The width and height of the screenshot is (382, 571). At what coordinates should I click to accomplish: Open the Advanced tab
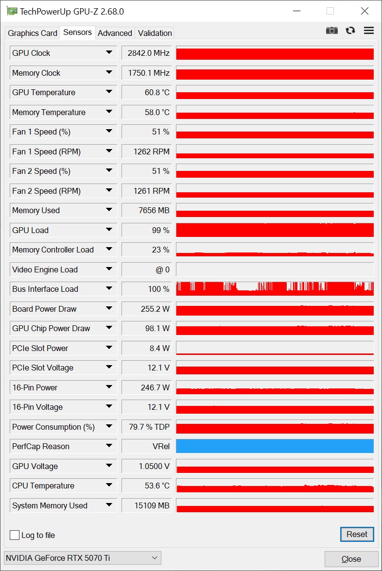[115, 33]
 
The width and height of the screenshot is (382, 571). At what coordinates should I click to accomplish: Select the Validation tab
[155, 33]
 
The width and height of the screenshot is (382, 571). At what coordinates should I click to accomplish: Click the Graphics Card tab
[33, 33]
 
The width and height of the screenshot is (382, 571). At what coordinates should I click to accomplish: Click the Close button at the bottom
[351, 559]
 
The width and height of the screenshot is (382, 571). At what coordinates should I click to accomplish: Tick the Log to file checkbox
[15, 535]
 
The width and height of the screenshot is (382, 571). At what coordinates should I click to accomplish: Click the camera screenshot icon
[331, 30]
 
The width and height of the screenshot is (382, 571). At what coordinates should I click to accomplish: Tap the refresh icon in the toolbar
[350, 30]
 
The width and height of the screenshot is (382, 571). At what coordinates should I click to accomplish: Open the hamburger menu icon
[369, 30]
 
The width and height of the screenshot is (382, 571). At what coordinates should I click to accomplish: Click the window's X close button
[364, 11]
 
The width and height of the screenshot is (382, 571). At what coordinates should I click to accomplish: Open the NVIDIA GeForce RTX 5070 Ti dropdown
[82, 558]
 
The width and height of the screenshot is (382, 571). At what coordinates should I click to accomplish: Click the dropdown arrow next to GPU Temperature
[109, 92]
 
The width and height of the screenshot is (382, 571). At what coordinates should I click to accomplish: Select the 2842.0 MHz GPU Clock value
[147, 53]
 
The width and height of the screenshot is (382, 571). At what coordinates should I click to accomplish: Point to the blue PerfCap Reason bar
[275, 446]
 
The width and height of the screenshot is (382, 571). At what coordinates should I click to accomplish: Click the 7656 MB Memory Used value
[147, 210]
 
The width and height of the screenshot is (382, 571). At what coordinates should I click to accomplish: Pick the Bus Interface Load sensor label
[45, 289]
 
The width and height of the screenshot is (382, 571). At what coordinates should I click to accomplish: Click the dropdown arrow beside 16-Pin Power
[109, 387]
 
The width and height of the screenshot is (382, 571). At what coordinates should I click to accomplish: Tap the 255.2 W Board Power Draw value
[147, 309]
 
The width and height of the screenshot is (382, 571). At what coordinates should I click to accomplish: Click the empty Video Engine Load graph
[275, 269]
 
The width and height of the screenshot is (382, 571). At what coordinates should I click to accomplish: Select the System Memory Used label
[50, 505]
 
